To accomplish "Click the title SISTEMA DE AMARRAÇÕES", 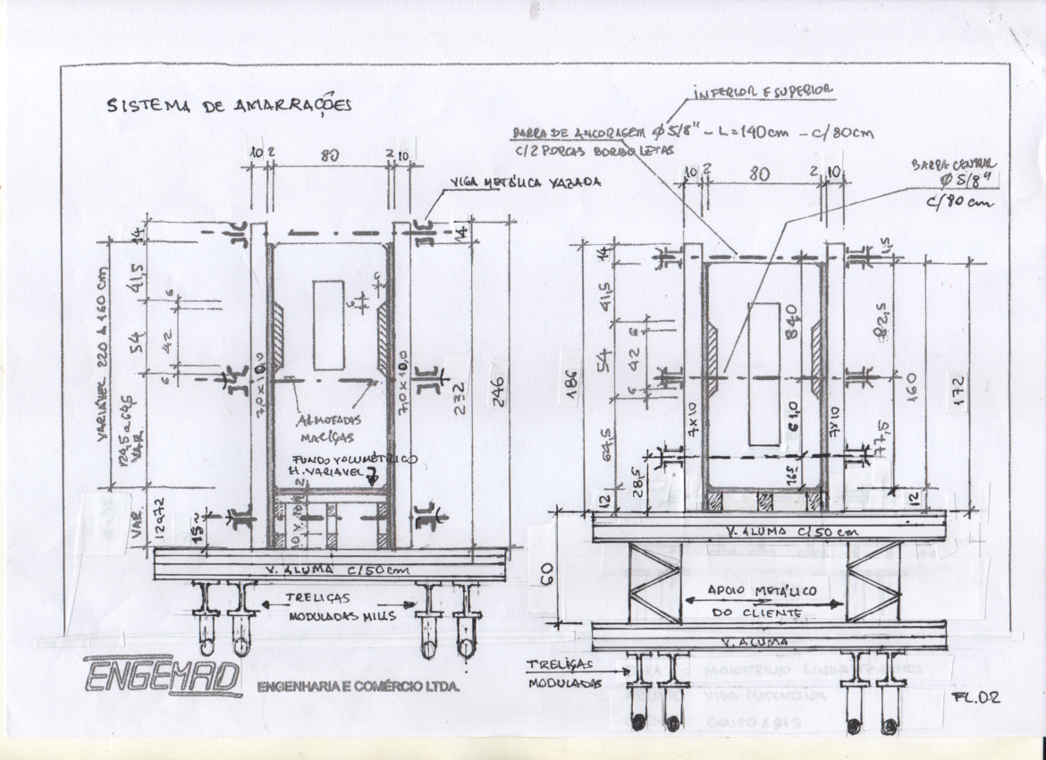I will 229,105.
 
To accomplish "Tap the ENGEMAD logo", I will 163,676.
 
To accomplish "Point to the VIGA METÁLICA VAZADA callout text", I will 525,182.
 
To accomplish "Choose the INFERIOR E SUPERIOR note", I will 763,91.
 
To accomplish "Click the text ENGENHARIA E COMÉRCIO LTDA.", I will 358,688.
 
